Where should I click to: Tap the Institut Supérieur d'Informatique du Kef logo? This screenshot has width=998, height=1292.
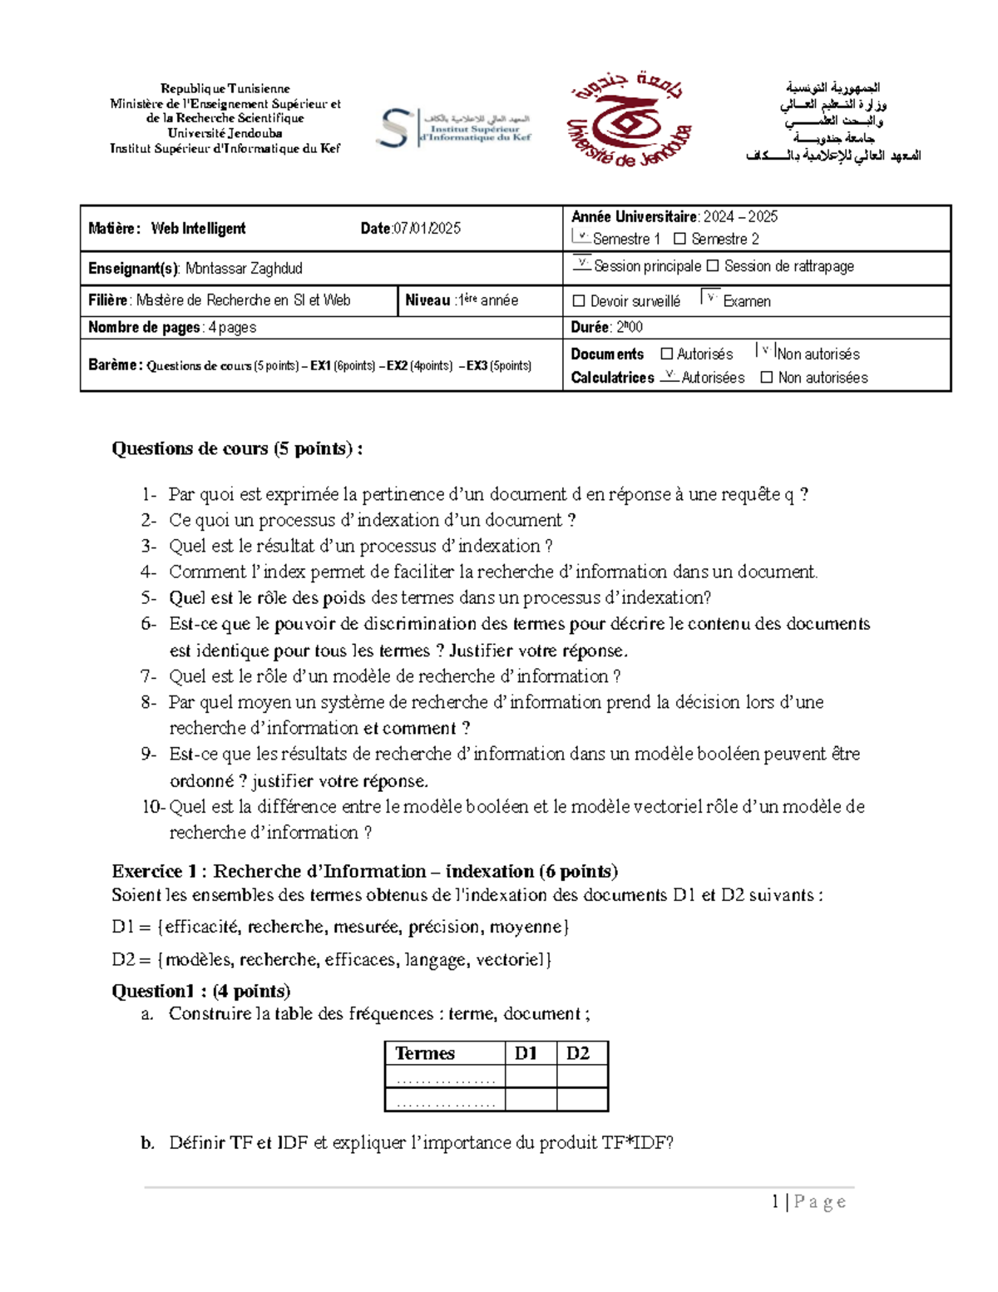453,128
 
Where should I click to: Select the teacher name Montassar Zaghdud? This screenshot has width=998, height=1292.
244,269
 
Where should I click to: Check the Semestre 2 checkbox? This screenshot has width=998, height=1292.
679,240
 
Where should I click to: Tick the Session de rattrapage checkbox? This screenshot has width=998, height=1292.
712,266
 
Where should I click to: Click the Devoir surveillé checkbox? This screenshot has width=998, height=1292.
579,301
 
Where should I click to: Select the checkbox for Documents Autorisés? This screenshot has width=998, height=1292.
666,354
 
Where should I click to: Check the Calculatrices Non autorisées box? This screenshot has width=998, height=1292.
767,378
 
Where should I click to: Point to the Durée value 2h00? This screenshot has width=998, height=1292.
629,328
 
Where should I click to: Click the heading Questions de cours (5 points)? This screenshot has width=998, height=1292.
237,449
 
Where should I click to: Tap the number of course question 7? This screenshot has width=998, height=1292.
148,676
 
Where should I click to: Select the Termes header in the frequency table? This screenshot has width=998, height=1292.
425,1053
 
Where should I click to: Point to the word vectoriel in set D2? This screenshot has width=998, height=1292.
512,960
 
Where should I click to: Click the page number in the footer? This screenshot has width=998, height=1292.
775,1202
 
